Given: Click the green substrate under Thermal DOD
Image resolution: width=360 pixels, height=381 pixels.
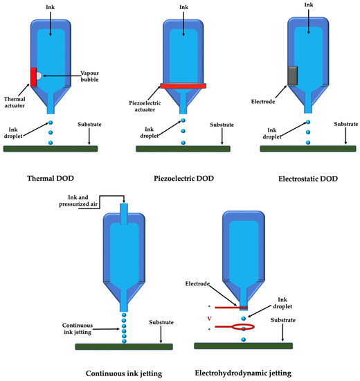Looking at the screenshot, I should coord(50,148).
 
